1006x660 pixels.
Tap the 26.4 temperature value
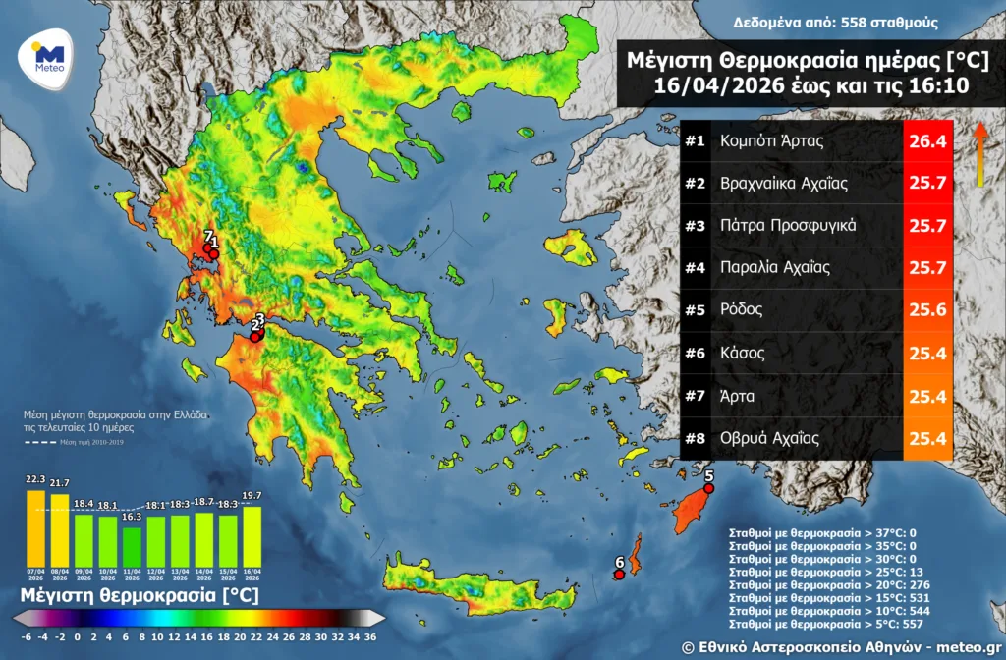click(x=927, y=141)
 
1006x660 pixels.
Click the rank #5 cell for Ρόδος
click(x=696, y=310)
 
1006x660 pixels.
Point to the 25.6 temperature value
click(x=927, y=310)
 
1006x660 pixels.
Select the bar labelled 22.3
click(x=36, y=526)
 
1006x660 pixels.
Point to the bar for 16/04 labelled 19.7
click(x=251, y=535)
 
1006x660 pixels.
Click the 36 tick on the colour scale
click(x=369, y=635)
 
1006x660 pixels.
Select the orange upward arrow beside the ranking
click(x=979, y=154)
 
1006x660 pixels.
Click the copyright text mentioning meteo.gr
click(x=840, y=644)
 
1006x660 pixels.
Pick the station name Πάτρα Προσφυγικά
click(x=788, y=226)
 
